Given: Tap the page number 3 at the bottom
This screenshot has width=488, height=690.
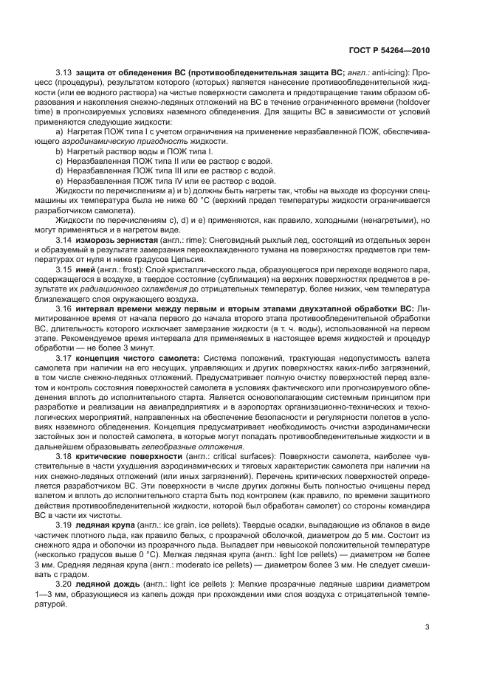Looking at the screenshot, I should click(427, 628).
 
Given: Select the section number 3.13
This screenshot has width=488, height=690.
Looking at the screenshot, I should click(65, 73).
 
